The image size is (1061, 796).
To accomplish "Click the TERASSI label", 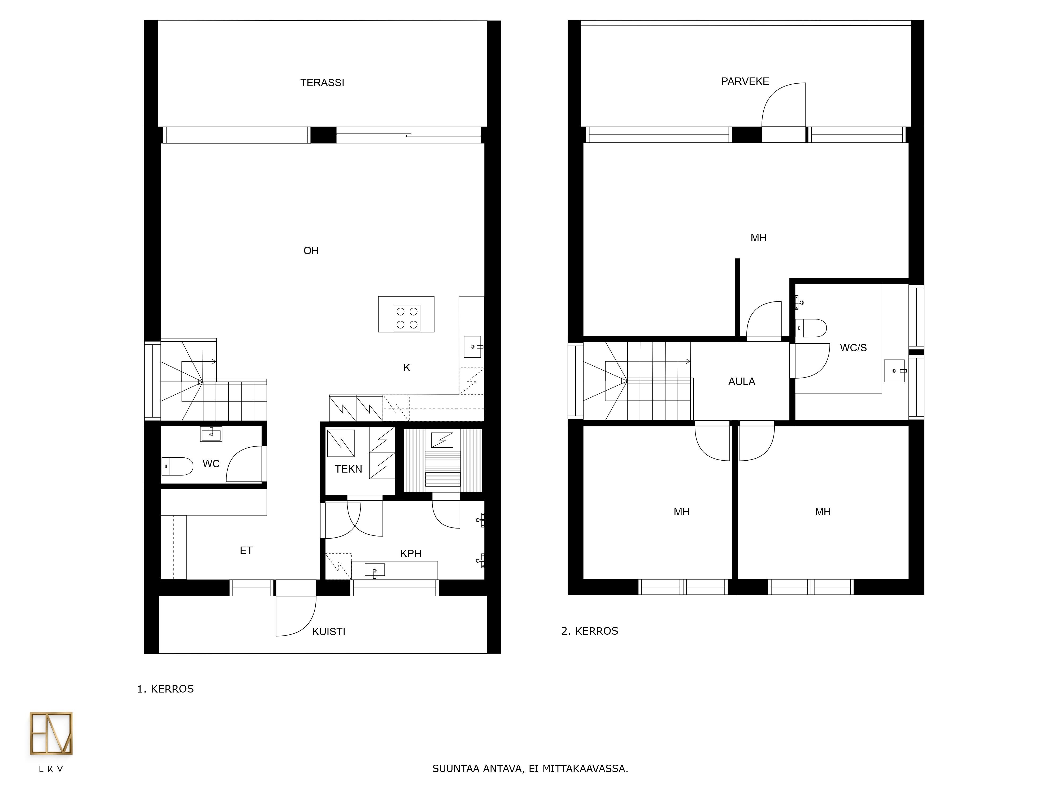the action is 322,83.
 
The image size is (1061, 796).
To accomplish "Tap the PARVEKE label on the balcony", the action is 745,81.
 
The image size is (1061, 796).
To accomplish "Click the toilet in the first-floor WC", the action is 177,466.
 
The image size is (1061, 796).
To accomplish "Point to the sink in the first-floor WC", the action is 211,434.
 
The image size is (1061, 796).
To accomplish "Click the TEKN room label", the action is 348,469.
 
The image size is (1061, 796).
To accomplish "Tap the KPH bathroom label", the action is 411,554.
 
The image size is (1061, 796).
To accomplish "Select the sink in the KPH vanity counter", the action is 375,570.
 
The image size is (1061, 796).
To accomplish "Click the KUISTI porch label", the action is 329,632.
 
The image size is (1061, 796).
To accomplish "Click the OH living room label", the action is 311,250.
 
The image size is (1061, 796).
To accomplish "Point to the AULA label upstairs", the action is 742,382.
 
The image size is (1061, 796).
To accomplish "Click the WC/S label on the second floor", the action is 853,348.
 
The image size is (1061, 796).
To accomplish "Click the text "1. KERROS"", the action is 166,689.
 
